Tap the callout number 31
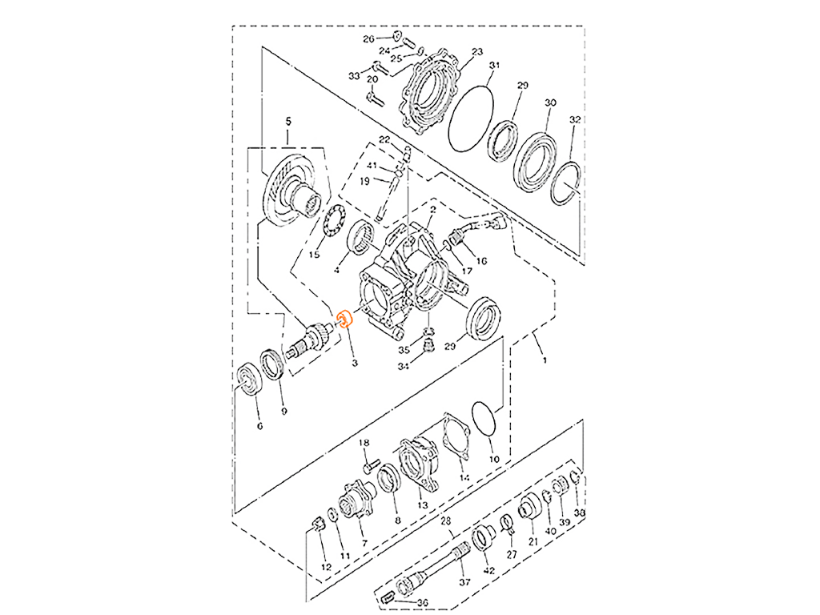(x=494, y=66)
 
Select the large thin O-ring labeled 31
(x=471, y=119)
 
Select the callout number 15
(x=314, y=255)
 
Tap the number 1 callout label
(x=545, y=360)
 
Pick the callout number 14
(x=464, y=477)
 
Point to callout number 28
(x=445, y=521)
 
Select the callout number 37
(x=464, y=582)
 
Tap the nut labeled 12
(x=318, y=523)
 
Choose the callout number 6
(x=259, y=426)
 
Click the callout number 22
(x=384, y=139)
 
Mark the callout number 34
(x=403, y=367)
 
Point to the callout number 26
(x=368, y=39)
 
